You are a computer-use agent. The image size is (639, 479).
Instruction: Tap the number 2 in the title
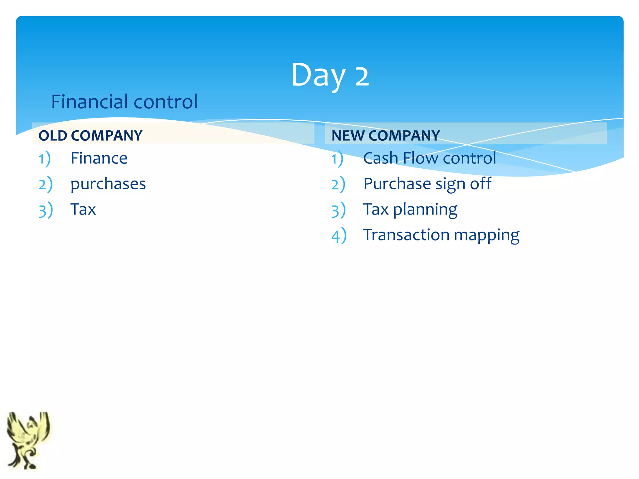pos(362,76)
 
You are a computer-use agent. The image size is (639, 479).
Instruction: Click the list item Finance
pos(99,158)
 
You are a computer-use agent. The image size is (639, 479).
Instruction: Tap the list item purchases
pos(108,184)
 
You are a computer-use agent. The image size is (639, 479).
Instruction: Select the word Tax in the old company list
pos(83,209)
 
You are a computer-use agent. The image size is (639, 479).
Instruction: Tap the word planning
pos(425,210)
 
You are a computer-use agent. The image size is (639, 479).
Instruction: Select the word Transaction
pos(406,235)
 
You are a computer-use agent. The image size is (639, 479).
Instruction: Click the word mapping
pos(487,235)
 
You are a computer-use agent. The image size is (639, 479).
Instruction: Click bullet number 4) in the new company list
pos(339,236)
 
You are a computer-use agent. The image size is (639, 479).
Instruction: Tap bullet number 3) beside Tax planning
pos(339,210)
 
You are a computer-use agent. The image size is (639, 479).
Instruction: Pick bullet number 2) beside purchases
pos(46,184)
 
